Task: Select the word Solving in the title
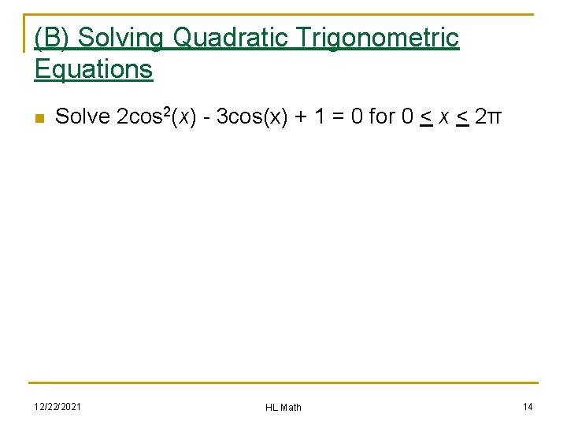pos(123,38)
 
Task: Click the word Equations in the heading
pos(93,69)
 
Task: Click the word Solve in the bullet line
pos(83,117)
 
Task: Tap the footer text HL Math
pos(283,407)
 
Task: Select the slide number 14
pos(528,406)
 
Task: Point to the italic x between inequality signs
pos(445,118)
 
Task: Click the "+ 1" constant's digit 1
pos(319,117)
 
